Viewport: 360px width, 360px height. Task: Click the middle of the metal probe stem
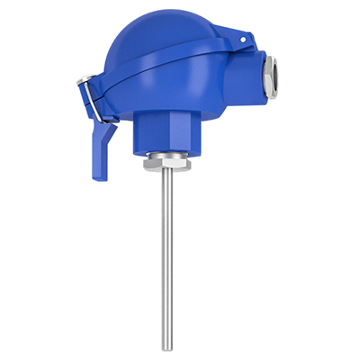167,261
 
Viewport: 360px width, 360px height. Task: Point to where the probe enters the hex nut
167,176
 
